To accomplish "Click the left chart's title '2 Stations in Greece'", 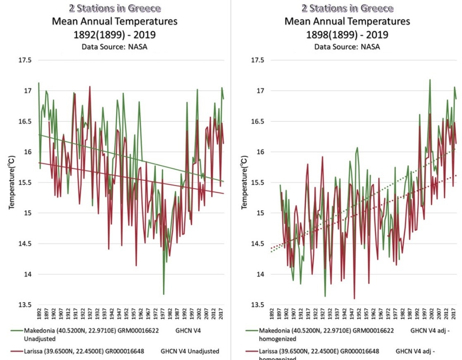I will coord(114,8).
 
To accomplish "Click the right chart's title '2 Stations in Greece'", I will coord(347,8).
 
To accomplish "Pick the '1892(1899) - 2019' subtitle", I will coord(114,34).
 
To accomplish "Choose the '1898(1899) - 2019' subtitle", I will coord(347,34).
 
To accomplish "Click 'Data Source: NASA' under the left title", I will coord(114,47).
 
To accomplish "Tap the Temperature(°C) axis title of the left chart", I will coord(12,182).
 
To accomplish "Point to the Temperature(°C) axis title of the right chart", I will coord(245,182).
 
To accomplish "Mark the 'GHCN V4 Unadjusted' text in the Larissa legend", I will coord(190,351).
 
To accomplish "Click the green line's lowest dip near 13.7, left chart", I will coord(164,294).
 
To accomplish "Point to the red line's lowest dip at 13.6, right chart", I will coord(354,298).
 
